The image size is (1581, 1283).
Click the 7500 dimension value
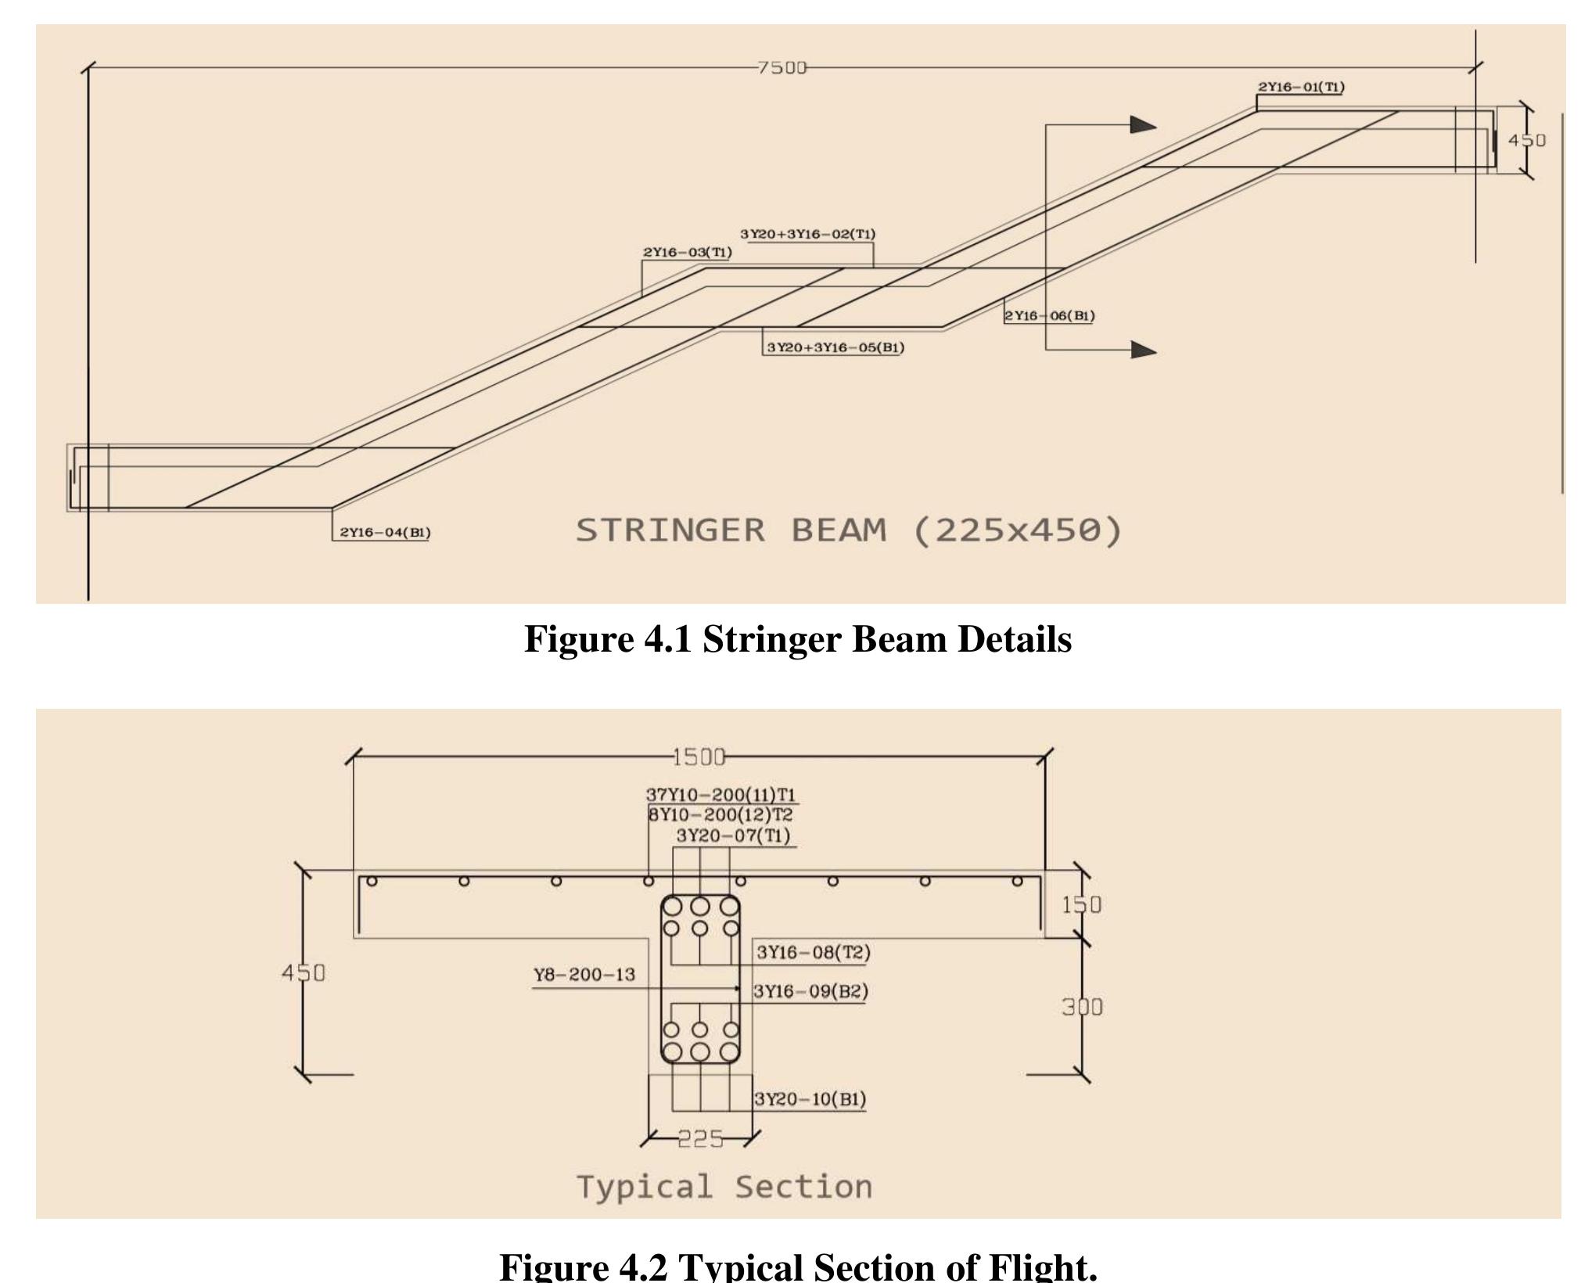tap(782, 68)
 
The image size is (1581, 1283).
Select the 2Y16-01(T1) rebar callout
tap(1301, 87)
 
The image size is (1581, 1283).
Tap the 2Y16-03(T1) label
tap(688, 252)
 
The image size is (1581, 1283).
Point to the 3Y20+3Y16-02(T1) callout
tap(808, 234)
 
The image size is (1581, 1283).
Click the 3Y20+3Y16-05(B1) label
tap(835, 347)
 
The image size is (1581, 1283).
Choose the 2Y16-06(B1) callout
tap(1050, 316)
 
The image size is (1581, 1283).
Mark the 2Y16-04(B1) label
tap(385, 533)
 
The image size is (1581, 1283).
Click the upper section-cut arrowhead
tap(1143, 124)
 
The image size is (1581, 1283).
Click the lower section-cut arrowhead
tap(1143, 350)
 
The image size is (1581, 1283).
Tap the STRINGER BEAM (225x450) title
tap(849, 530)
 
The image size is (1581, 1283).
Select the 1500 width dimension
tap(699, 757)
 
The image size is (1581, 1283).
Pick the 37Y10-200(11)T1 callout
tap(720, 796)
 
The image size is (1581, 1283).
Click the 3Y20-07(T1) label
tap(733, 836)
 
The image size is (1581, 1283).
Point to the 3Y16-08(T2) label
tap(813, 952)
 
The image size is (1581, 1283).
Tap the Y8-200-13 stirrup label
tap(584, 975)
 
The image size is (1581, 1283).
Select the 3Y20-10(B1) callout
tap(810, 1099)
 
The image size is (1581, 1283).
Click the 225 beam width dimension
tap(700, 1139)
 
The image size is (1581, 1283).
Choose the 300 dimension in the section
tap(1082, 1007)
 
